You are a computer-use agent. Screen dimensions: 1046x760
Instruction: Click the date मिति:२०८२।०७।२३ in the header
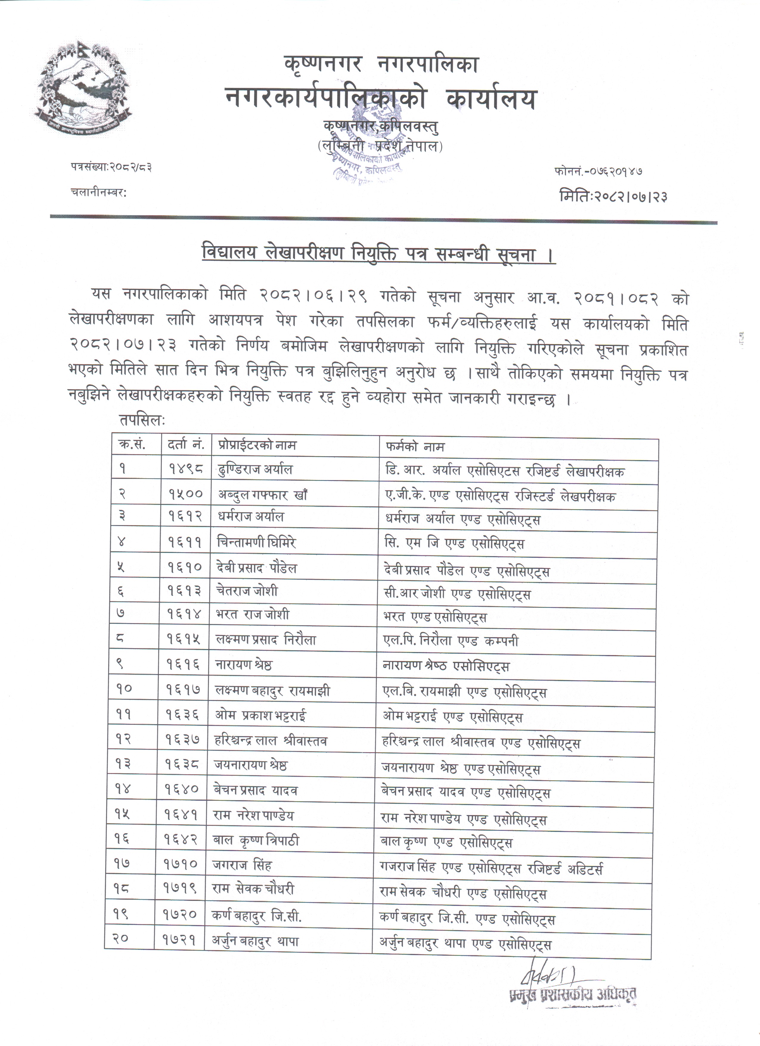point(613,196)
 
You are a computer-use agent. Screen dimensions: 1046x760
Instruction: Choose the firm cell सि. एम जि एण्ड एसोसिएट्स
point(454,544)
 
